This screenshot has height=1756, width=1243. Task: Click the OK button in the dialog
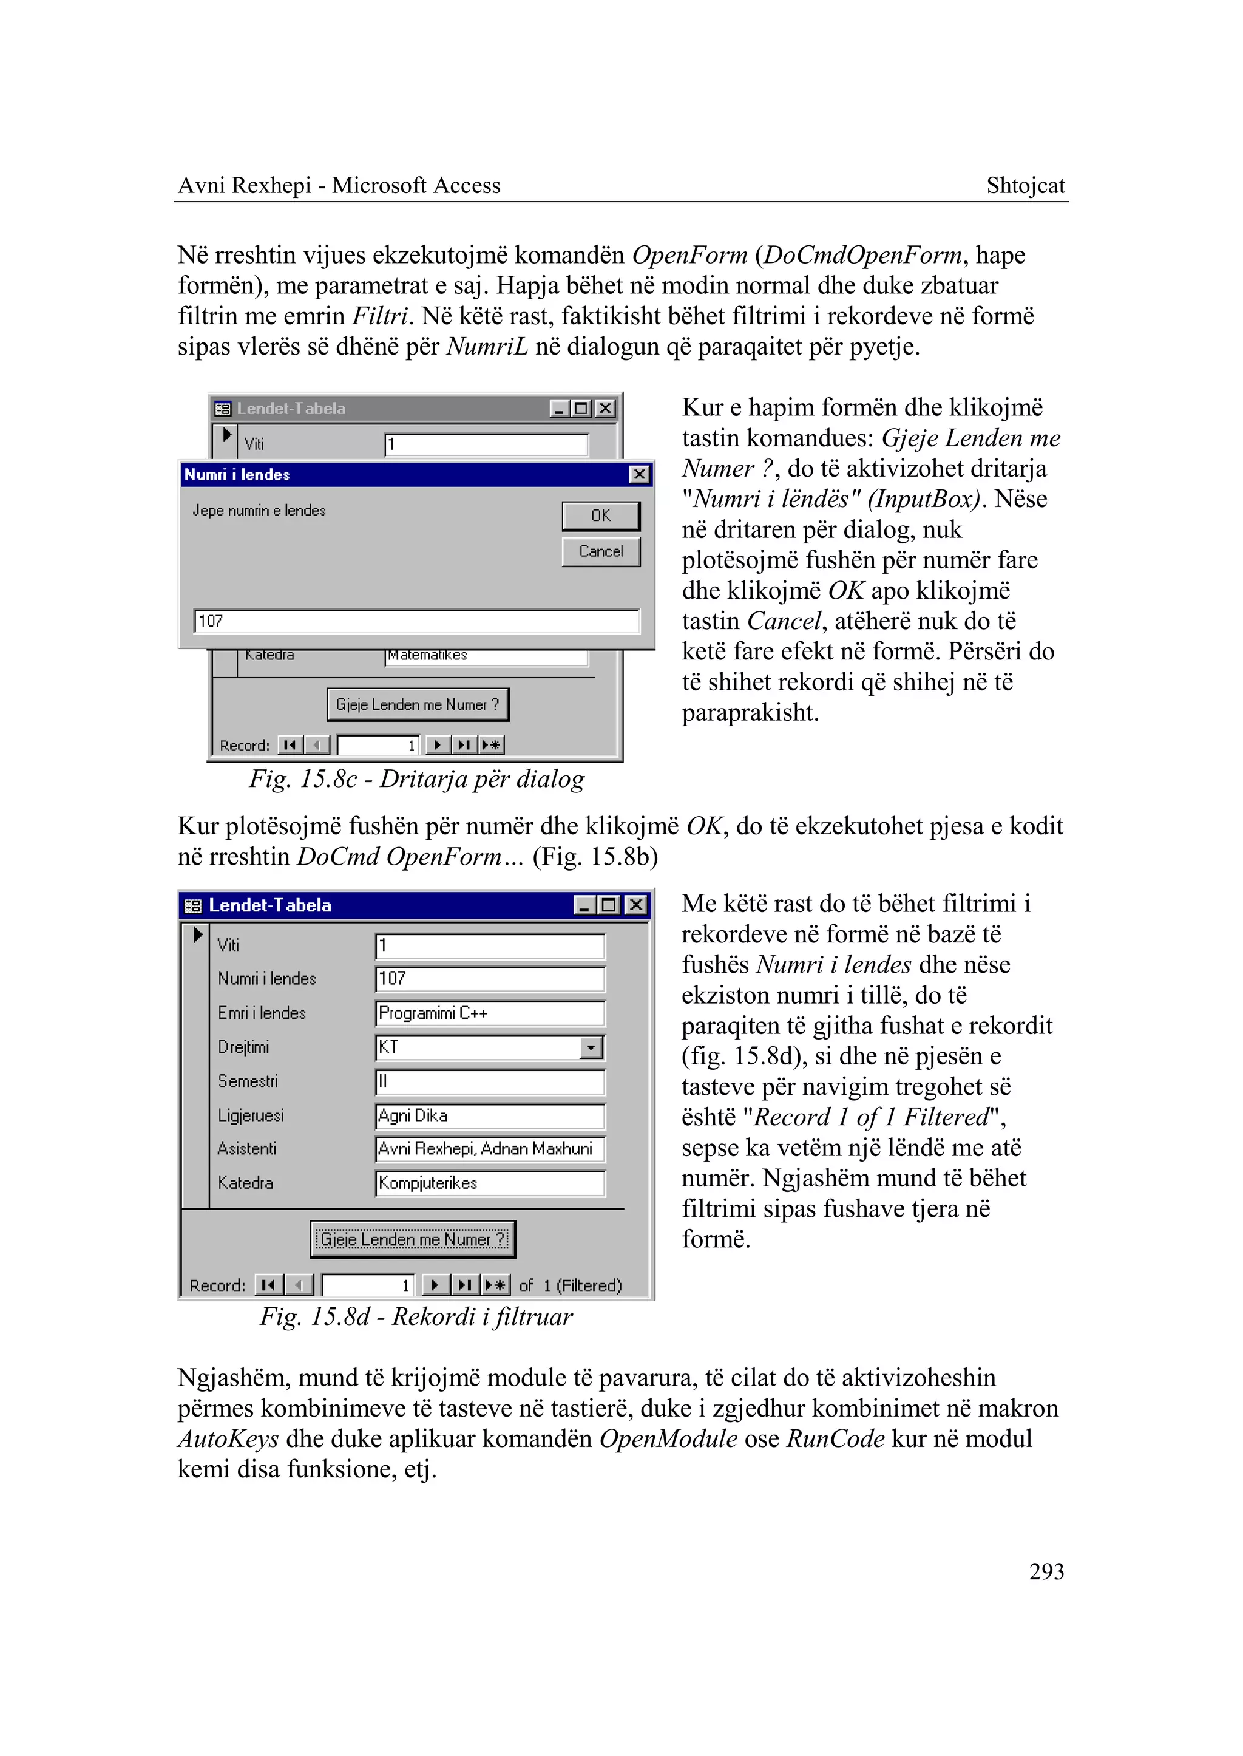click(x=601, y=516)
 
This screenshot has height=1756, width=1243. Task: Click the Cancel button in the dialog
click(x=601, y=551)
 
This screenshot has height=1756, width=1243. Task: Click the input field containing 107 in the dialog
click(x=416, y=621)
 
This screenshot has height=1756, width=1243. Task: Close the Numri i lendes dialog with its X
click(x=639, y=475)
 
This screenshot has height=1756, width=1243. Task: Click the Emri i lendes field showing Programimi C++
click(x=490, y=1013)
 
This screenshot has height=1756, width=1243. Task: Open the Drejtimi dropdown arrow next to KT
click(x=592, y=1047)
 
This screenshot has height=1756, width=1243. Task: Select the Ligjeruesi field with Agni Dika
click(x=490, y=1116)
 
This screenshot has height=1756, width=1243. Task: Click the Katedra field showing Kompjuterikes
click(x=490, y=1183)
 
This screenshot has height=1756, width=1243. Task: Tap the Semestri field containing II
click(x=490, y=1081)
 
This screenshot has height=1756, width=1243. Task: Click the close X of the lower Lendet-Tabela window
click(x=635, y=905)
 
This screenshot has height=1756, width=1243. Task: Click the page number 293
click(x=1046, y=1571)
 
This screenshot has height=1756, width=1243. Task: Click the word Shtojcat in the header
click(x=1025, y=185)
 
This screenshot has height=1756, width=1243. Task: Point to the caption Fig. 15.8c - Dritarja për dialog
click(x=416, y=779)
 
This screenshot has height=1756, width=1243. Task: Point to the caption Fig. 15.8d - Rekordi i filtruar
click(x=416, y=1316)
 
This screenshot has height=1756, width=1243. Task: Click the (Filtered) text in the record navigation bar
click(x=589, y=1286)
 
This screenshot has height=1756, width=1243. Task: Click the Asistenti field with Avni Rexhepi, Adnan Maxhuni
click(x=490, y=1149)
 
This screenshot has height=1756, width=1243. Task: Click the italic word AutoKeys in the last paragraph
click(x=228, y=1438)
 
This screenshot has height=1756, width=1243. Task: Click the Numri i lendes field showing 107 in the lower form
click(x=490, y=979)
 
